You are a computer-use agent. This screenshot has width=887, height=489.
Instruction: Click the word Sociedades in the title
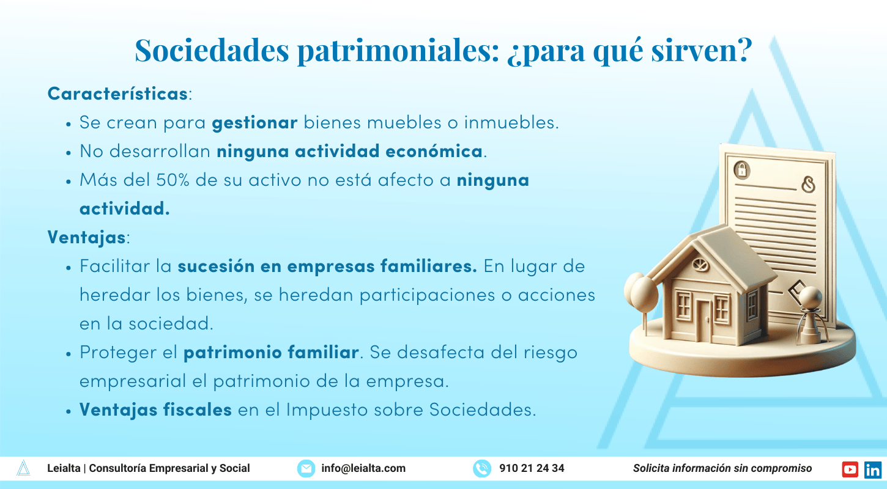point(212,50)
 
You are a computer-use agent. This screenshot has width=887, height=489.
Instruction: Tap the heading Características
point(117,94)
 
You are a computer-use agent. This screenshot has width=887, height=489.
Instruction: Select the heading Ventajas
point(87,238)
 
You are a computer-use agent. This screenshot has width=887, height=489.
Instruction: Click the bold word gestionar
point(254,123)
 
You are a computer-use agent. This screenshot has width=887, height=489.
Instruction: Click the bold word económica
point(434,151)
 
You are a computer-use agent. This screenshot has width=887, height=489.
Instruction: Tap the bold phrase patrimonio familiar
point(271,353)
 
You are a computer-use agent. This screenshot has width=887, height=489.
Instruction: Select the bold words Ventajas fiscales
point(155,410)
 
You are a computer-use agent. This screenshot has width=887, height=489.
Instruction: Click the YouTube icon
point(850,469)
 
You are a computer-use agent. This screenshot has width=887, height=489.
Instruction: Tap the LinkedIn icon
point(873,469)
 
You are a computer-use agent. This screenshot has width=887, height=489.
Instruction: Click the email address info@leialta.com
point(363,468)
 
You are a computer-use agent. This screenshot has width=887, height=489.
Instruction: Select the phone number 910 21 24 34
point(532,468)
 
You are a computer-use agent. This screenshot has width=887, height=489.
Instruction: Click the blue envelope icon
point(306,469)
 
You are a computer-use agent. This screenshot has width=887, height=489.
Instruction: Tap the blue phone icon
point(482,469)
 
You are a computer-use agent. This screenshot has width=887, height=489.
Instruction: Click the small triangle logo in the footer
point(23,468)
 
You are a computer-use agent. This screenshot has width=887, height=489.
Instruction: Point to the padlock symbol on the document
point(741,170)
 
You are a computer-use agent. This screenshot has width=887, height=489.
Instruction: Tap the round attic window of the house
point(700,264)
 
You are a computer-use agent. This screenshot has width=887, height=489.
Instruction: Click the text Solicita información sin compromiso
point(722,468)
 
